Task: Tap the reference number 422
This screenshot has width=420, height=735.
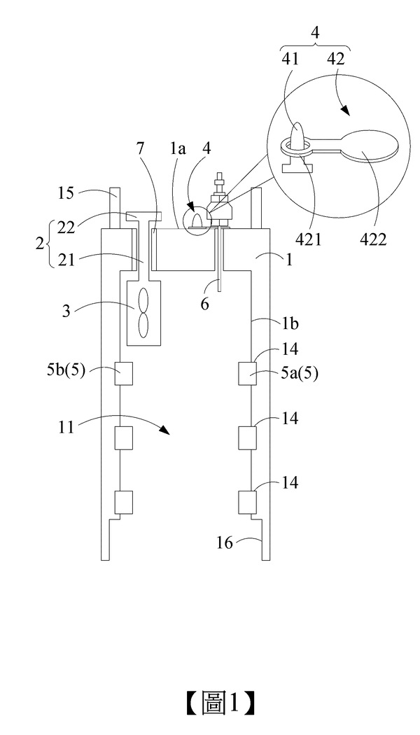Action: (x=373, y=239)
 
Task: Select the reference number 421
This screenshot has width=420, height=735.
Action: (x=309, y=239)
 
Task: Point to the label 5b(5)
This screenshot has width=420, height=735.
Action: (x=67, y=370)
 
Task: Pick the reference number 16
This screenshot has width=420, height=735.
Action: (x=225, y=542)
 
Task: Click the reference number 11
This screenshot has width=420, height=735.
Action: (x=66, y=427)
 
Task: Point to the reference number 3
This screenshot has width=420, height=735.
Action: (x=67, y=311)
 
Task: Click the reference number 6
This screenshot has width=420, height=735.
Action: (x=205, y=304)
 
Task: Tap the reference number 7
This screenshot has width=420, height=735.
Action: (x=141, y=148)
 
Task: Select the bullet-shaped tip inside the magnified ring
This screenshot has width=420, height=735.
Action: (x=298, y=136)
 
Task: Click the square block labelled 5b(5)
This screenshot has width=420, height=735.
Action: (x=124, y=374)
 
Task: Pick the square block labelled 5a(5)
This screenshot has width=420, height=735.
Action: (x=248, y=374)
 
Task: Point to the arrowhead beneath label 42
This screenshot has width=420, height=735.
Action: (x=346, y=111)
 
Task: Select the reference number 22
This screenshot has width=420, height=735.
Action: (x=66, y=227)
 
